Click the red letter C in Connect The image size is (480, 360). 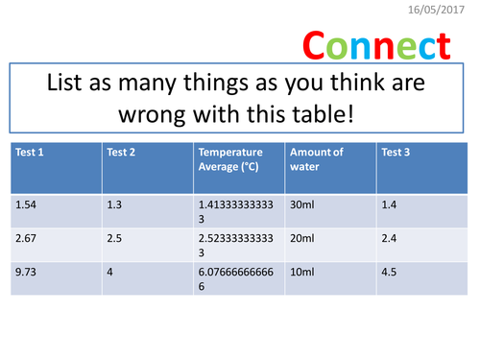click(x=318, y=45)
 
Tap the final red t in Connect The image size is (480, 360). click(x=442, y=45)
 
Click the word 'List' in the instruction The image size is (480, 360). click(x=69, y=84)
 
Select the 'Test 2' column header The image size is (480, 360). click(x=121, y=151)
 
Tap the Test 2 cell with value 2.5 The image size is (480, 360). click(x=115, y=238)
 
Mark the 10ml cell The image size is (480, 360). click(x=301, y=272)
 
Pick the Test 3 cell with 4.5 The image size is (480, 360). click(x=390, y=272)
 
